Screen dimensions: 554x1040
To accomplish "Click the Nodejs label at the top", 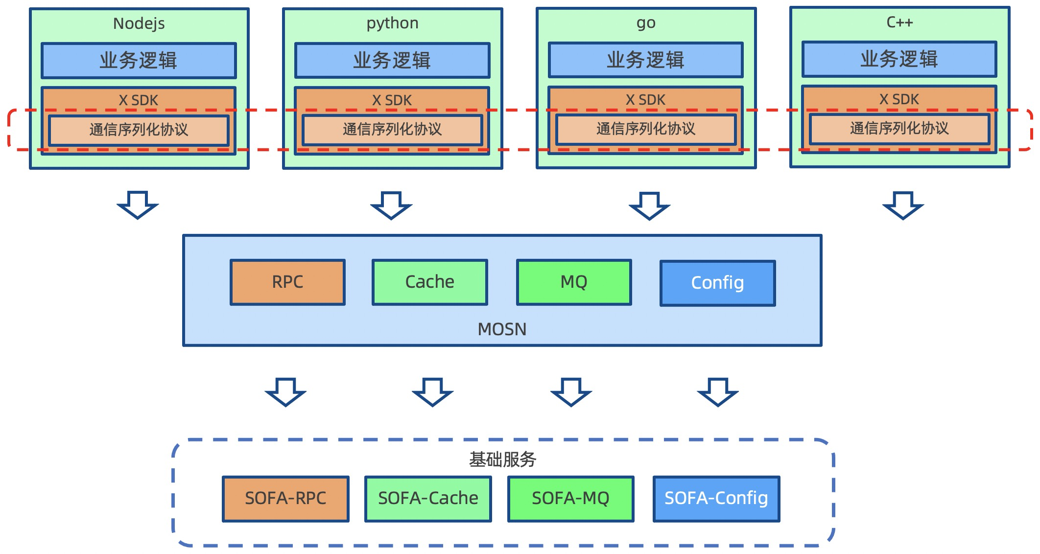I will tap(139, 23).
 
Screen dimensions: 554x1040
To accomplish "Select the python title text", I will tap(392, 23).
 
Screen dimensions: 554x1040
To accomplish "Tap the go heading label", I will tap(646, 23).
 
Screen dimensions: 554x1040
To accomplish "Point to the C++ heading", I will tap(899, 22).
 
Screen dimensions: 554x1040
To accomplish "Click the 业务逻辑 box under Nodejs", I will tap(139, 61).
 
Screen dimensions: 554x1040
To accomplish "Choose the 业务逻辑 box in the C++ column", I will tap(899, 59).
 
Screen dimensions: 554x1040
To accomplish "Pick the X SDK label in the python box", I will tap(392, 100).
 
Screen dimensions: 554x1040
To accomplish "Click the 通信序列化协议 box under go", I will tap(646, 129).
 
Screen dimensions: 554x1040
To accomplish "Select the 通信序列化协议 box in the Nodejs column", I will tap(139, 130).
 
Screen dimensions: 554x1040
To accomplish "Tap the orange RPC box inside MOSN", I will tap(287, 282).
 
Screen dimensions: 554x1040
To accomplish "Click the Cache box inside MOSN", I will tap(429, 282).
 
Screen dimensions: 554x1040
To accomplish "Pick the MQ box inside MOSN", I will tap(574, 282).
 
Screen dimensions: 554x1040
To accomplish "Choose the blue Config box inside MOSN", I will tap(717, 283).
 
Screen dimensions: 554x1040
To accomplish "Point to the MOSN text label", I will tap(502, 329).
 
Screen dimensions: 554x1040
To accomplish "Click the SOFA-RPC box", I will tap(285, 499).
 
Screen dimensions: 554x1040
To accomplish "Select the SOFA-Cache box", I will tap(428, 499).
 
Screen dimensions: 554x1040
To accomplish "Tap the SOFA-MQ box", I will tap(570, 499).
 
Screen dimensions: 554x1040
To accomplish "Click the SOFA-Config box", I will tap(716, 499).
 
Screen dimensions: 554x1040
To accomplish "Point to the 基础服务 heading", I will tap(502, 460).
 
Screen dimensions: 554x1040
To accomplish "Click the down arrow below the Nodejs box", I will tap(138, 205).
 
